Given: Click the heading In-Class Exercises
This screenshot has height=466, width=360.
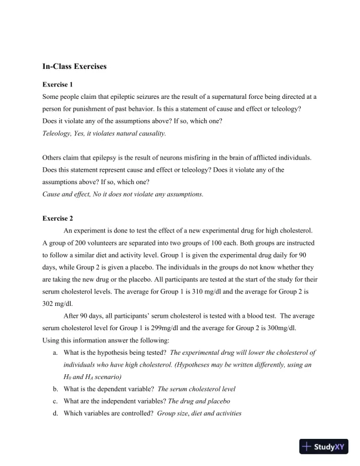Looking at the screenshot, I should click(75, 66).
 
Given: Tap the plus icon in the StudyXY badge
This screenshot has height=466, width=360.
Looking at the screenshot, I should click(306, 447).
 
